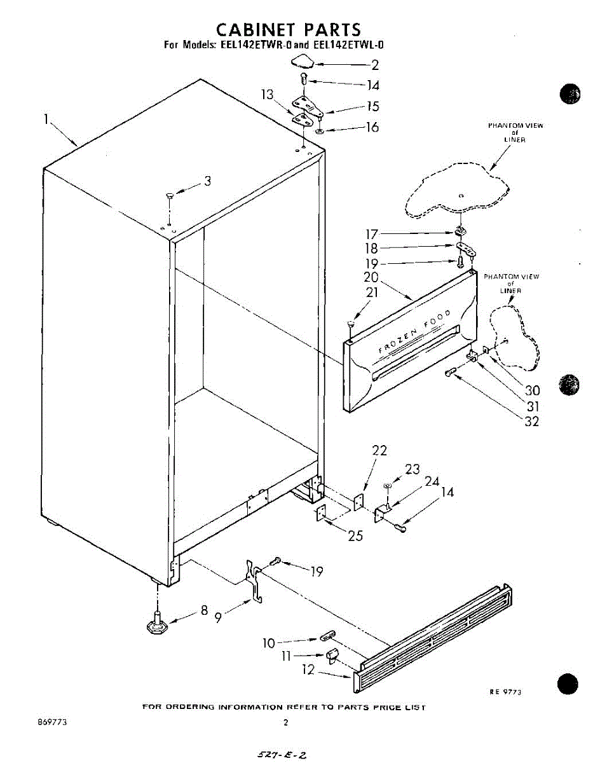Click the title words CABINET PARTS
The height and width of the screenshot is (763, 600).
click(x=289, y=29)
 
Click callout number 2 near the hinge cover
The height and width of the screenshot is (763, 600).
click(x=375, y=64)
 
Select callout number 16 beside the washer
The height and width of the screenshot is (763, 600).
click(x=372, y=127)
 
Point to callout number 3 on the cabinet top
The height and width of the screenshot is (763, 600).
click(x=207, y=181)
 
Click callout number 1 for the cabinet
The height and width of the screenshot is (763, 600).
click(x=46, y=119)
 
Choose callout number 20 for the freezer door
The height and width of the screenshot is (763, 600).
click(x=371, y=278)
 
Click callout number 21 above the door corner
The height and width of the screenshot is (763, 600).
click(x=372, y=293)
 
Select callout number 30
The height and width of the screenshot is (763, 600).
click(x=531, y=390)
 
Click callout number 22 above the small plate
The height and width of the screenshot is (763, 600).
click(x=379, y=450)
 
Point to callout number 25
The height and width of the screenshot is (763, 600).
click(x=355, y=536)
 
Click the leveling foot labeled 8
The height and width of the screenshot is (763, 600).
click(x=156, y=624)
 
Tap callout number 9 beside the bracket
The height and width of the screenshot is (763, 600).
click(x=218, y=617)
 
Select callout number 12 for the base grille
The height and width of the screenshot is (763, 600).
click(x=309, y=670)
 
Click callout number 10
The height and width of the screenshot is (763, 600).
click(x=269, y=643)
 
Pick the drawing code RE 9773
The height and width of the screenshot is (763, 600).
click(x=505, y=692)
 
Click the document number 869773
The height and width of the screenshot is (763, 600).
click(x=53, y=722)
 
